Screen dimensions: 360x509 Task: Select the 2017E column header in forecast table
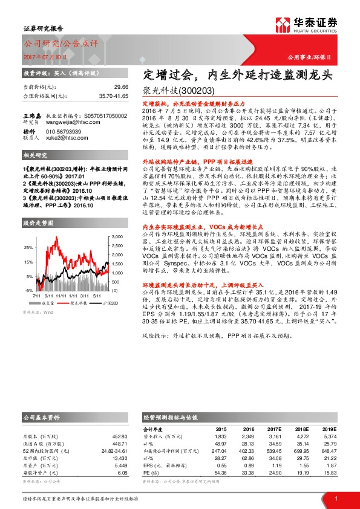coord(275,428)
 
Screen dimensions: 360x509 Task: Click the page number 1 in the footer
coord(336,498)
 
